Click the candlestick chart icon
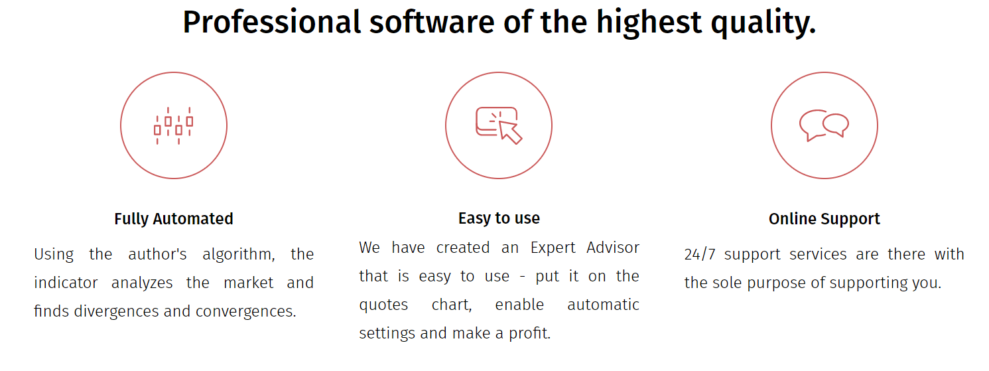174,126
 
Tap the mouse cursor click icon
499,125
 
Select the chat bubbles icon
824,125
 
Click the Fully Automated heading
174,219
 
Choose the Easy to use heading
499,218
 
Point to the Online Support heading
824,219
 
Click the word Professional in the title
272,22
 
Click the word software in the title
432,22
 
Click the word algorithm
238,255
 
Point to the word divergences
117,312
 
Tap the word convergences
245,312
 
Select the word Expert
553,248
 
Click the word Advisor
613,248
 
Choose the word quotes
383,305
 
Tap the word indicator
66,283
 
